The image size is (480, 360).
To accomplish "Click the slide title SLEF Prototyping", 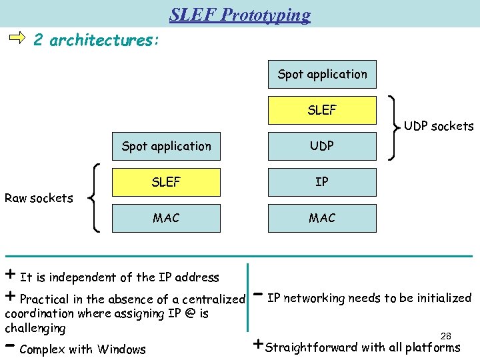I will pyautogui.click(x=240, y=15).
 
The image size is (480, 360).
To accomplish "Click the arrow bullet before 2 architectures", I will pyautogui.click(x=18, y=40).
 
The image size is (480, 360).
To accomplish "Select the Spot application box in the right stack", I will pyautogui.click(x=322, y=74).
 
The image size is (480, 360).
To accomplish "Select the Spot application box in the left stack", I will pyautogui.click(x=166, y=146).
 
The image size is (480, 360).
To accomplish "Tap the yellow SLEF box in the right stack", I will pyautogui.click(x=322, y=110).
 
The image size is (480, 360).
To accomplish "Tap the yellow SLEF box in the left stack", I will pyautogui.click(x=166, y=182).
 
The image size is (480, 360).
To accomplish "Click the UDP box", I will pyautogui.click(x=322, y=146).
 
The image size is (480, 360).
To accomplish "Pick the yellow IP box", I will pyautogui.click(x=322, y=182).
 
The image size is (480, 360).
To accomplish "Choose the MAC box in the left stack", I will pyautogui.click(x=166, y=218).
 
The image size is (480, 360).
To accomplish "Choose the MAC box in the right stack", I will pyautogui.click(x=322, y=218).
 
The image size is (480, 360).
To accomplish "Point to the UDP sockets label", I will pyautogui.click(x=439, y=126).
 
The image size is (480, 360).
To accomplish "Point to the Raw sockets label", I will pyautogui.click(x=39, y=198).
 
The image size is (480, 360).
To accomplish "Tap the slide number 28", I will pyautogui.click(x=446, y=336).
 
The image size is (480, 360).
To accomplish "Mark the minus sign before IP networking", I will pyautogui.click(x=258, y=295).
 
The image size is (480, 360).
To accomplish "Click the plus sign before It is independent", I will pyautogui.click(x=11, y=274).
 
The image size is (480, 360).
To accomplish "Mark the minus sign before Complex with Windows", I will pyautogui.click(x=10, y=346).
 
